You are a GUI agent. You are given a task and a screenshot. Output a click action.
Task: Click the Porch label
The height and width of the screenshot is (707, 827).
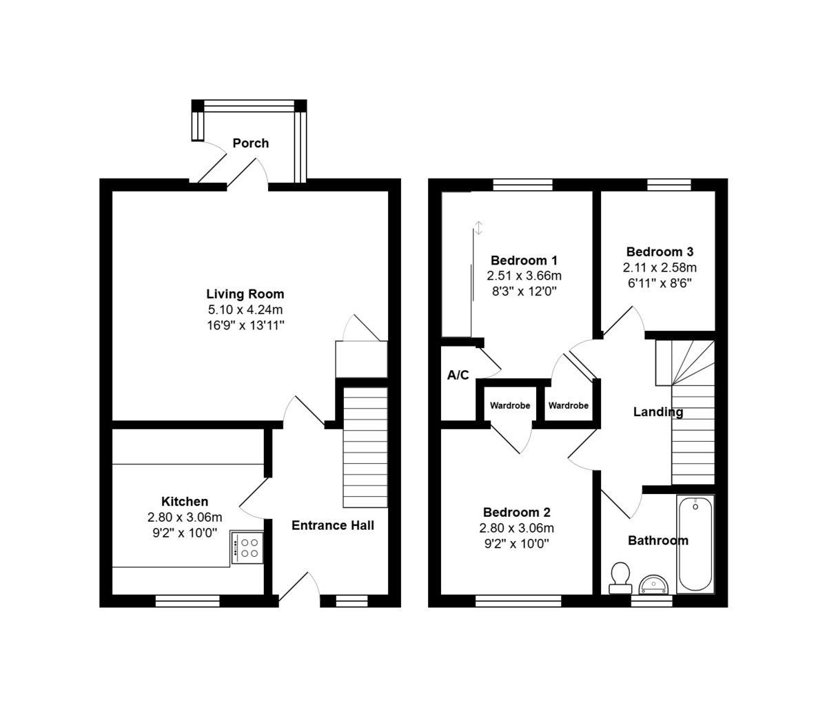tap(250, 143)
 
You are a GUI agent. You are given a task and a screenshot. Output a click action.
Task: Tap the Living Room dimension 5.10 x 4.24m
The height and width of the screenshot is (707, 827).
tap(245, 309)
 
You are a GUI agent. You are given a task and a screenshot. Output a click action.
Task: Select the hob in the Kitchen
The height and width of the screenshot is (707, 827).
tap(247, 547)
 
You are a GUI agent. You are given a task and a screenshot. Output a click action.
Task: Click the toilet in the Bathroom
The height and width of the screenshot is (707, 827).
tap(620, 578)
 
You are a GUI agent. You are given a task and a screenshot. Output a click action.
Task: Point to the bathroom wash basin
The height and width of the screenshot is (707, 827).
tap(653, 584)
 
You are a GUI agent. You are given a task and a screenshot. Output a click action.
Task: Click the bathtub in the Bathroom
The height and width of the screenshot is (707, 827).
tap(695, 544)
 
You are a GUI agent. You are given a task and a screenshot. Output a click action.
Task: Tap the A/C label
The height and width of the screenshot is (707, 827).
tap(458, 375)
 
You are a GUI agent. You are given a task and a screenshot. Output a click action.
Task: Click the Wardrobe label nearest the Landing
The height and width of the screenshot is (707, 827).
tap(568, 405)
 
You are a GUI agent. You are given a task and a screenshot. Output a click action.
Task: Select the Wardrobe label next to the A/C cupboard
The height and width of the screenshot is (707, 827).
tap(510, 405)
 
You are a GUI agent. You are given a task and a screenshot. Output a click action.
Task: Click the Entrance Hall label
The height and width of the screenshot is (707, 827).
tap(332, 525)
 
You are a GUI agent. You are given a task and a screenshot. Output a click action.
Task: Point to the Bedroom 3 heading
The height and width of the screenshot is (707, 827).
tap(660, 252)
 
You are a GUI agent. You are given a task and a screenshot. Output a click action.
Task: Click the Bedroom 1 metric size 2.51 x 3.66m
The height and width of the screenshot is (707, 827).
tap(524, 276)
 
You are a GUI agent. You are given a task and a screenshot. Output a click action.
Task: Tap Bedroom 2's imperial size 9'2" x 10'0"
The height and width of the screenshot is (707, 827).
tap(516, 544)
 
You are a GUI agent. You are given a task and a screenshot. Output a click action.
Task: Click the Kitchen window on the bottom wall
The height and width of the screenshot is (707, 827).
tap(187, 601)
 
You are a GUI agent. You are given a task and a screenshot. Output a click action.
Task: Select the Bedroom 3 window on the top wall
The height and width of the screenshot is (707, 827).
tap(669, 185)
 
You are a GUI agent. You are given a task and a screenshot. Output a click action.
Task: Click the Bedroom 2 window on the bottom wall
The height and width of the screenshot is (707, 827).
tap(518, 601)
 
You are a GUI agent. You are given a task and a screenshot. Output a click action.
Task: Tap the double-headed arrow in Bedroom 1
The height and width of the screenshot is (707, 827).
tap(478, 227)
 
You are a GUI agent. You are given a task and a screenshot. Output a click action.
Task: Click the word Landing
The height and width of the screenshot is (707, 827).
tap(657, 412)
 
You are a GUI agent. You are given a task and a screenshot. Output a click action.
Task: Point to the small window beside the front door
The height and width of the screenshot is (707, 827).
tap(351, 601)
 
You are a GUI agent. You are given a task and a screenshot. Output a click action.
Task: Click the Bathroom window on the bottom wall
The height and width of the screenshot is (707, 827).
tap(652, 601)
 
